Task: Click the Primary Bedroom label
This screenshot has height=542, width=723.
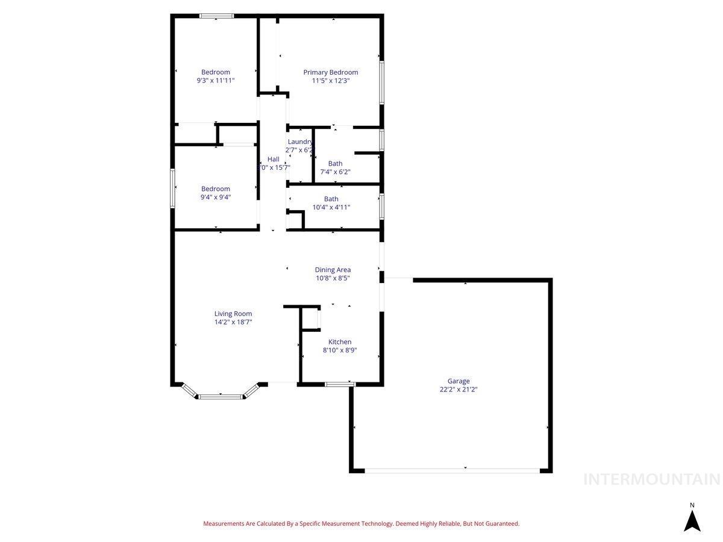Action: [330, 72]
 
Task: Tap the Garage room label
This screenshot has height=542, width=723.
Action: [459, 381]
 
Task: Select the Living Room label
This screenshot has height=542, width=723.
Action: [233, 314]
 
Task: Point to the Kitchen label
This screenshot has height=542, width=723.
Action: [340, 342]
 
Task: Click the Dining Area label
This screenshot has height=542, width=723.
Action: [333, 270]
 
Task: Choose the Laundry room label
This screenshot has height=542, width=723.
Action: [300, 142]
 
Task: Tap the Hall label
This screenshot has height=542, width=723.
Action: [274, 159]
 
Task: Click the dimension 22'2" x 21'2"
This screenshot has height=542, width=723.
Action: [459, 389]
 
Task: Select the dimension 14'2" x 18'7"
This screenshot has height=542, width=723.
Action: [233, 322]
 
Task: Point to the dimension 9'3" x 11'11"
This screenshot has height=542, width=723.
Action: [216, 80]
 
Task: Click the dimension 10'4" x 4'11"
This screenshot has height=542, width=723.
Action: [331, 207]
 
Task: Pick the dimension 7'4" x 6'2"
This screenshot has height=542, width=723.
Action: [335, 172]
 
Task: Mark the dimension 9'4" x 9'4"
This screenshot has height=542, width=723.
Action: [216, 197]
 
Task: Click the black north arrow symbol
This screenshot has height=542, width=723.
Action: [692, 521]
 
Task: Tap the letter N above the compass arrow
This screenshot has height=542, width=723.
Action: [692, 505]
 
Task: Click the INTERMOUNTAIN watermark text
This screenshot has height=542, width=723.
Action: [652, 479]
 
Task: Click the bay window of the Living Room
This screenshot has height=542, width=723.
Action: [221, 396]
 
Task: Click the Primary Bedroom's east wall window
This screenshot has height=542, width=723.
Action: [381, 82]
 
